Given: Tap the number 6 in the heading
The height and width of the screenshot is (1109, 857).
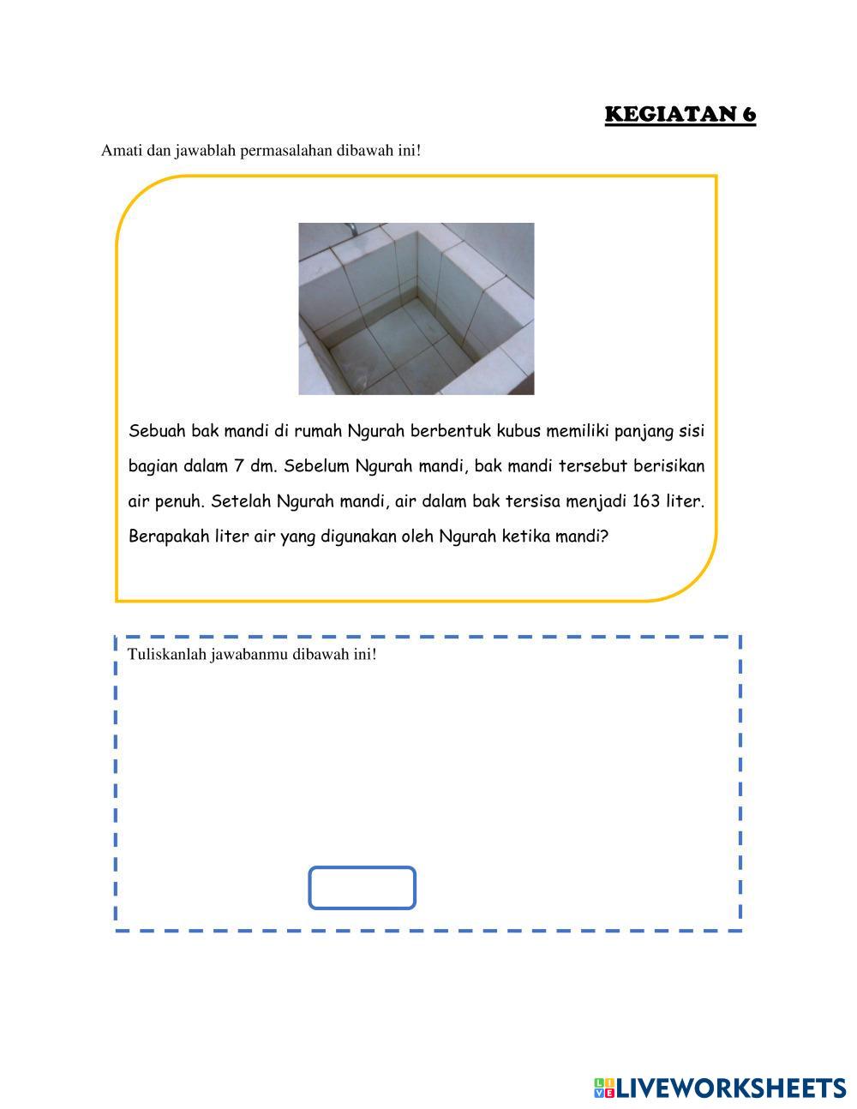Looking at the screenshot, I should click(749, 115).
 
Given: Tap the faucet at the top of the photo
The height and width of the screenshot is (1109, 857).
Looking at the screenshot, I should click(350, 229).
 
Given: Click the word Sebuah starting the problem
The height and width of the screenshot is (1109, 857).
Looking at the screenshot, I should click(157, 430).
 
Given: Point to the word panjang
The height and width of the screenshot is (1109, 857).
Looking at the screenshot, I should click(636, 430).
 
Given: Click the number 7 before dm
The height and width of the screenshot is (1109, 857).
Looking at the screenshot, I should click(238, 466).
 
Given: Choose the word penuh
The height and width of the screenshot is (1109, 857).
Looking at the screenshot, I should click(178, 502).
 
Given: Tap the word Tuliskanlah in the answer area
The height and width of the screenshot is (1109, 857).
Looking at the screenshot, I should click(166, 655).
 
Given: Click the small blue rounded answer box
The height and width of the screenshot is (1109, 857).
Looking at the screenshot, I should click(362, 888).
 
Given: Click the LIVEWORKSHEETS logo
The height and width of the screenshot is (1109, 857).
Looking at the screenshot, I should click(720, 1088).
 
